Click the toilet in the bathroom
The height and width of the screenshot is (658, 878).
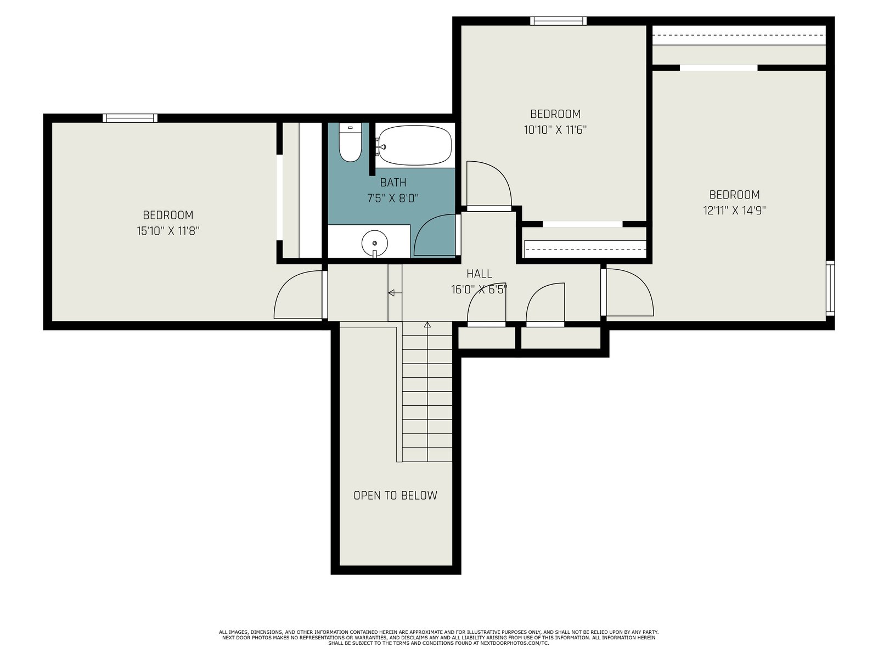coord(350,142)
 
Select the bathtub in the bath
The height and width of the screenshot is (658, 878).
coord(415,145)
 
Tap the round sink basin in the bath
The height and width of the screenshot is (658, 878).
coord(374,243)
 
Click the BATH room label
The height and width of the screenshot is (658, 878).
coord(393,183)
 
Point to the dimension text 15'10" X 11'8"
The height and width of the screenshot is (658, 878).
coord(168,231)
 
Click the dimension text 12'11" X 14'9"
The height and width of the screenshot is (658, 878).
coord(734,211)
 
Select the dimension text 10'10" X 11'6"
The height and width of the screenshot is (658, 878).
coord(555,130)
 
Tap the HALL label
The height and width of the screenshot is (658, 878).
coord(479,274)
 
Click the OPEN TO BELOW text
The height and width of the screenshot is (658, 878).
coord(395,495)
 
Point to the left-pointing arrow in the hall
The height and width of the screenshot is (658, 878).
coord(395,293)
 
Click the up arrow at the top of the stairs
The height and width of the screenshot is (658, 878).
coord(427,325)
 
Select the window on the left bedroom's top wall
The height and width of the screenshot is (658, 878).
coord(130,118)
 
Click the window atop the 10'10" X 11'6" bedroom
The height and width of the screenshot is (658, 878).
coord(559,21)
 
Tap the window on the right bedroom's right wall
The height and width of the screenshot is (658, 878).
coord(830,288)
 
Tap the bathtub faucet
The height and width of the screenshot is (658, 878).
coord(381,146)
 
